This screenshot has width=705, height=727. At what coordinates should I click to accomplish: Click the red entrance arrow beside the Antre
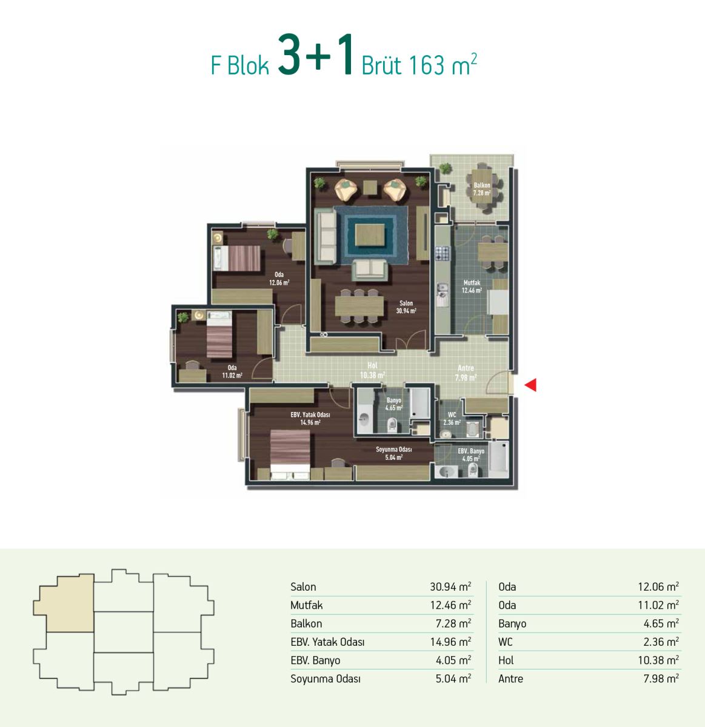(x=531, y=385)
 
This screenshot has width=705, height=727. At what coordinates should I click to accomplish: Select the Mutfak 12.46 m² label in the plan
(x=472, y=286)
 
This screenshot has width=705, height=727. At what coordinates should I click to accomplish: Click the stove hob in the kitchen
(x=443, y=254)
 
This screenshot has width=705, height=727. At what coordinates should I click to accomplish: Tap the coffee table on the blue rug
(x=370, y=235)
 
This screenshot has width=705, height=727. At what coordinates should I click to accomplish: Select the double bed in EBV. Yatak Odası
(x=290, y=454)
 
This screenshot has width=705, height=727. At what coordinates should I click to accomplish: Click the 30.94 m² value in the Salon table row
(x=450, y=587)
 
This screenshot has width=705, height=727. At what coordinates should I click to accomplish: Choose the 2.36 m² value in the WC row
(x=661, y=642)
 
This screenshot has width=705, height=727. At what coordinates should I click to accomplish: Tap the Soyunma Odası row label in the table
(x=326, y=679)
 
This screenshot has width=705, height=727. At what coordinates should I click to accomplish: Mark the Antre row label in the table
(x=510, y=679)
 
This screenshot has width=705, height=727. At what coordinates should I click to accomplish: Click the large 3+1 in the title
(x=315, y=55)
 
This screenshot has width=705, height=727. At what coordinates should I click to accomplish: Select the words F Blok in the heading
(x=239, y=65)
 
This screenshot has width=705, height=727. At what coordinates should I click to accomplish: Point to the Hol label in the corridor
(x=372, y=366)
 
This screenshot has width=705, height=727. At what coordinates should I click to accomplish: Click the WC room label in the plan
(x=452, y=414)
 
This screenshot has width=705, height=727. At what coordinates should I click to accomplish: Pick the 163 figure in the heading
(x=426, y=65)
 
